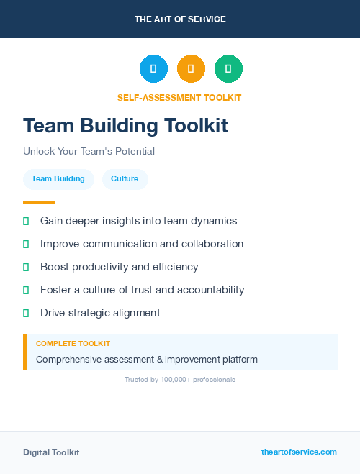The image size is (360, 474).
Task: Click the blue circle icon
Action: tap(153, 69)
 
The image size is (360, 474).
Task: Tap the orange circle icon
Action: tap(191, 69)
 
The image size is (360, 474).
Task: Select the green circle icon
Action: tap(228, 69)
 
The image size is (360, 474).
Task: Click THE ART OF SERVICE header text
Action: tap(180, 19)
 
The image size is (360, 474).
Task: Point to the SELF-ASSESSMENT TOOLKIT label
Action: tap(179, 98)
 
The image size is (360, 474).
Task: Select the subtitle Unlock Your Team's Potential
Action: tap(89, 152)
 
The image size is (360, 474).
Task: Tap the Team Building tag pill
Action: tap(58, 179)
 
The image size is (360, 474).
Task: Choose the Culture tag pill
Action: tap(125, 179)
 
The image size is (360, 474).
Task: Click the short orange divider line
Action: tap(39, 202)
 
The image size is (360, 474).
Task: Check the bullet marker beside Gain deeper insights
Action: tap(26, 221)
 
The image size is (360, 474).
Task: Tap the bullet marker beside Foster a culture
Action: tap(26, 290)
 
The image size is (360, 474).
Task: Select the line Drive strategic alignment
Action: tap(100, 313)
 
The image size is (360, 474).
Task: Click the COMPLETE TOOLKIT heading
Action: tap(73, 344)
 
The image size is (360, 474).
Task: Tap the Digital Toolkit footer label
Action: tap(51, 452)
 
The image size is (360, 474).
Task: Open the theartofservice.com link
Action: tap(299, 452)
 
